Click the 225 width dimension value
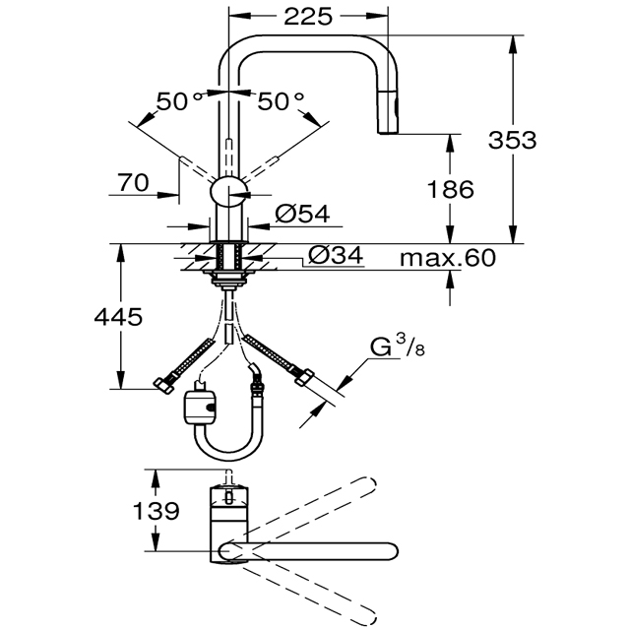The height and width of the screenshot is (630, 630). pos(308,17)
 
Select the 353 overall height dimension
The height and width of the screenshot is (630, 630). pos(512,140)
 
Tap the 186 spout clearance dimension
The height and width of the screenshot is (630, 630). pos(450,189)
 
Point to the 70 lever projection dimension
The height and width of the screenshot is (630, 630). pos(133,182)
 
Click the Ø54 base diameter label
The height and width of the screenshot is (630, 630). pos(302,214)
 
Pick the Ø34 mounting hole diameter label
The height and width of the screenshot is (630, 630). pos(336,255)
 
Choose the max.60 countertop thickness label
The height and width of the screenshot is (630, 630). pos(448,258)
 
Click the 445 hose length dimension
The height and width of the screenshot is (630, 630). pos(118,317)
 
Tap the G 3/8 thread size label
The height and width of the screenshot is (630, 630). pos(397,346)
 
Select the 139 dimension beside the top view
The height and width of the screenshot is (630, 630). pos(156,511)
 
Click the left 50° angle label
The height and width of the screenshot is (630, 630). pos(179,100)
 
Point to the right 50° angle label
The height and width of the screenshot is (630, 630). pos(281,100)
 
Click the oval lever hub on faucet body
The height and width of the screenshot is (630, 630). pos(228,192)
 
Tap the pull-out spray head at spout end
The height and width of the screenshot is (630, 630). pos(389,111)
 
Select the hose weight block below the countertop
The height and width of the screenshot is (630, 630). pos(200,406)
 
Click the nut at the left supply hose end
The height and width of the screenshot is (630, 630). pos(163,385)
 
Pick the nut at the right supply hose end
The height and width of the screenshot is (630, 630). pos(304,377)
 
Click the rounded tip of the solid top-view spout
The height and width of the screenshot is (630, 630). pos(393,550)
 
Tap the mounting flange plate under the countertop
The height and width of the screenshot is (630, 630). pos(228,273)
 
